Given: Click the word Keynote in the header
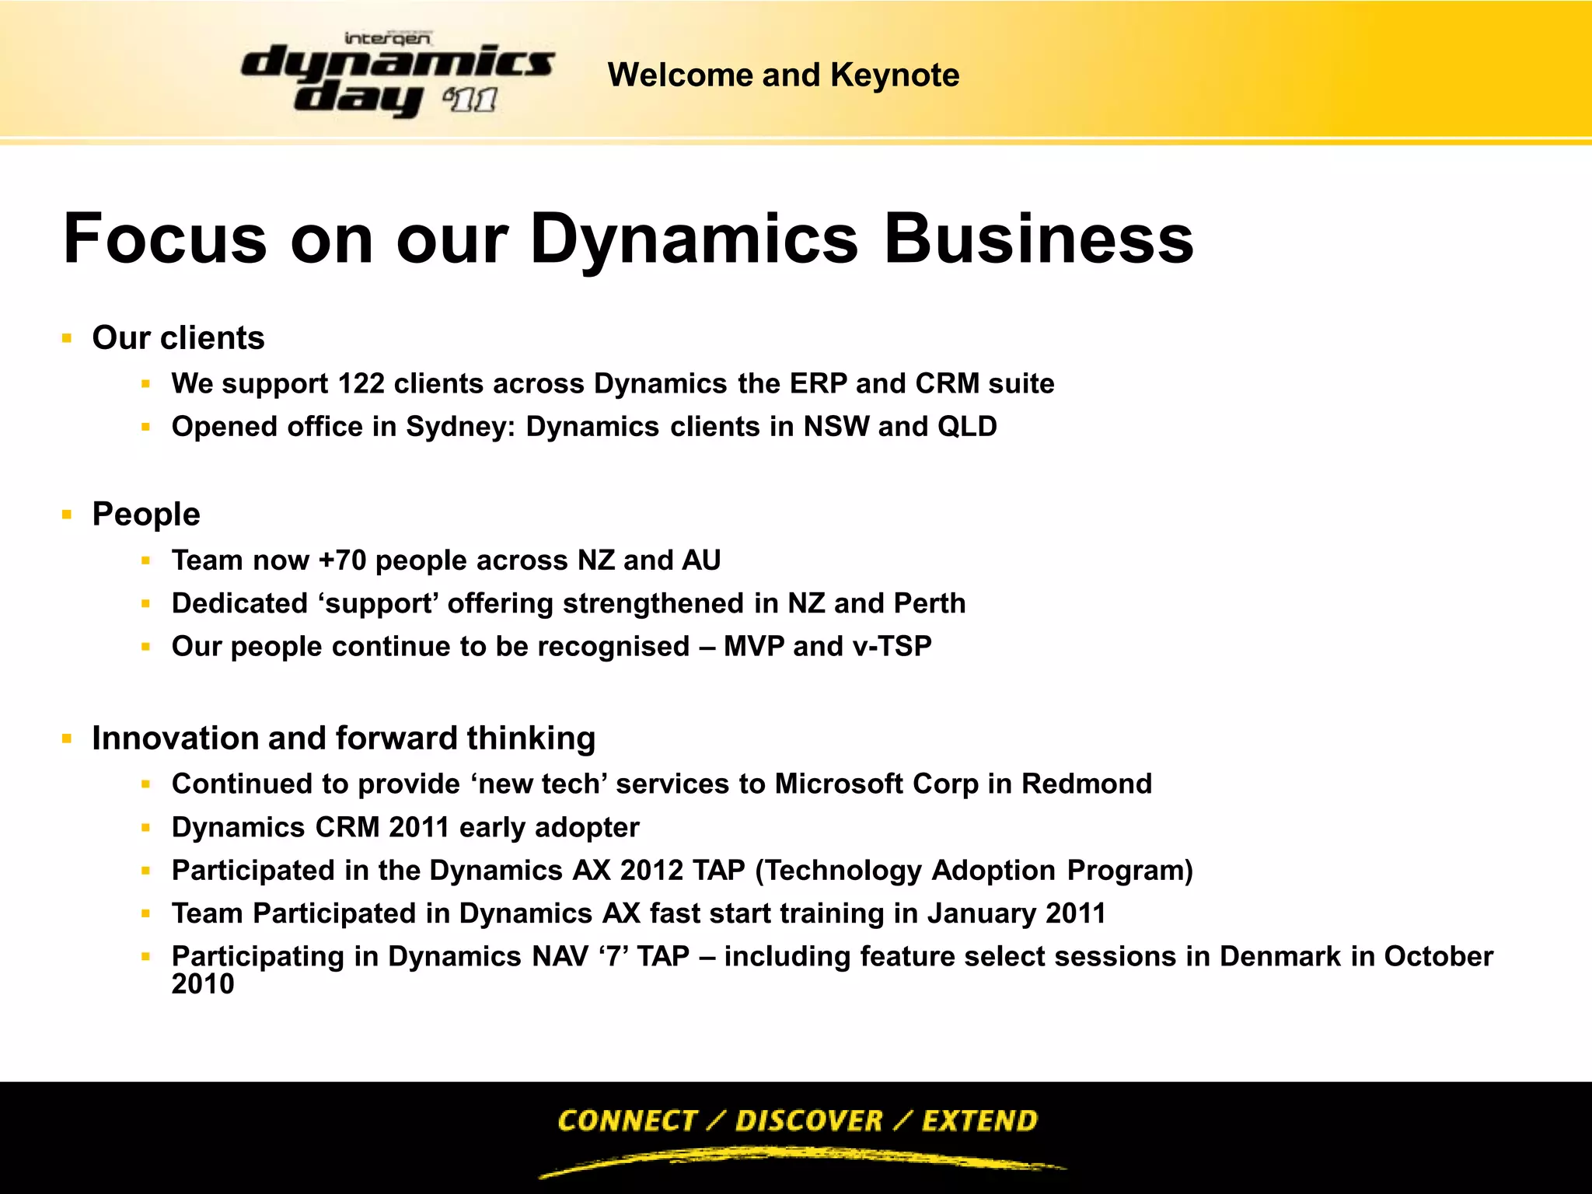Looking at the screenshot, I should tap(895, 75).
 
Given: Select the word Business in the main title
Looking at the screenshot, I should tap(1039, 239).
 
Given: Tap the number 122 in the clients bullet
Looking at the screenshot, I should tap(361, 384).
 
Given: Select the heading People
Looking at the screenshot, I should tap(146, 515).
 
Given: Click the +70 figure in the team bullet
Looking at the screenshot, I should tap(342, 560).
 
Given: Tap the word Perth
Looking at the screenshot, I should tap(930, 603).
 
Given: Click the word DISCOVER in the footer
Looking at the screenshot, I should tap(808, 1121).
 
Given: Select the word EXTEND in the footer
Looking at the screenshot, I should tap(979, 1121).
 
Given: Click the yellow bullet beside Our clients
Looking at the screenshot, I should tap(67, 339).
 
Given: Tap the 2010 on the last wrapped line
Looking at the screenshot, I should tap(203, 984).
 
